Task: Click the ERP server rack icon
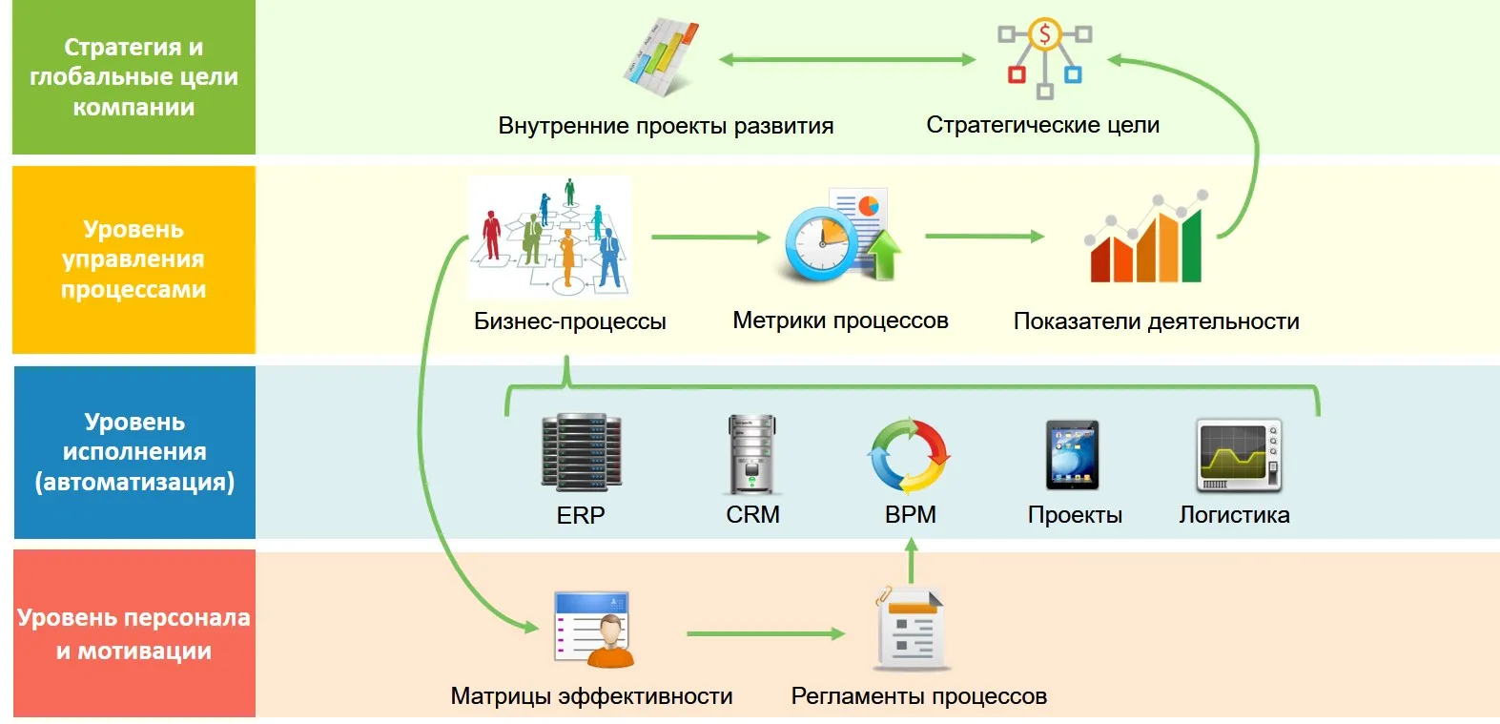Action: [x=581, y=453]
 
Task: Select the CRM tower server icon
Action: [x=751, y=454]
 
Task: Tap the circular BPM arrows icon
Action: [x=910, y=455]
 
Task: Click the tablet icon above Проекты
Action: [x=1072, y=455]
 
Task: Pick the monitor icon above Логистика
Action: [x=1239, y=455]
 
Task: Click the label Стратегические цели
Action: [x=1042, y=125]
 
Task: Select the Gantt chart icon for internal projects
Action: [x=661, y=57]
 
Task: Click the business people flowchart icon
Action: [x=550, y=237]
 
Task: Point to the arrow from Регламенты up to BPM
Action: [x=911, y=561]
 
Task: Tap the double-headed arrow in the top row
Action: [x=847, y=60]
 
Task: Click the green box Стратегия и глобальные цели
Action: [x=134, y=77]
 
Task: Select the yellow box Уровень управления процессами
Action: [x=134, y=259]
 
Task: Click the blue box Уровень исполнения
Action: [x=134, y=452]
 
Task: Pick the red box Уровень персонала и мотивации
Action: [x=134, y=633]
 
